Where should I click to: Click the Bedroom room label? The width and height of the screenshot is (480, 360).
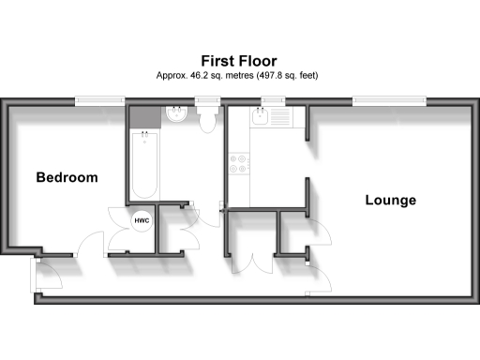tap(67, 177)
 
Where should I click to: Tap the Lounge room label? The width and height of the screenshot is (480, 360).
tap(390, 200)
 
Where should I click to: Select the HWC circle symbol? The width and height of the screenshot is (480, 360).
tap(142, 220)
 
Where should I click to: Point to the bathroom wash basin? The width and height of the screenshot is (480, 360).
tap(177, 116)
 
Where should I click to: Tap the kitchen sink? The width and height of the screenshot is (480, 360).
tap(260, 119)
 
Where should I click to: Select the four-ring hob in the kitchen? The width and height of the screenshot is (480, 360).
tap(238, 164)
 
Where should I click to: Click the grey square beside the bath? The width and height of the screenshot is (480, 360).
tap(143, 116)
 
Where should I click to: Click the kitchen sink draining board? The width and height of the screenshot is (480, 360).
tap(280, 119)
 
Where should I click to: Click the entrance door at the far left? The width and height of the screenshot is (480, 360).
tap(44, 275)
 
